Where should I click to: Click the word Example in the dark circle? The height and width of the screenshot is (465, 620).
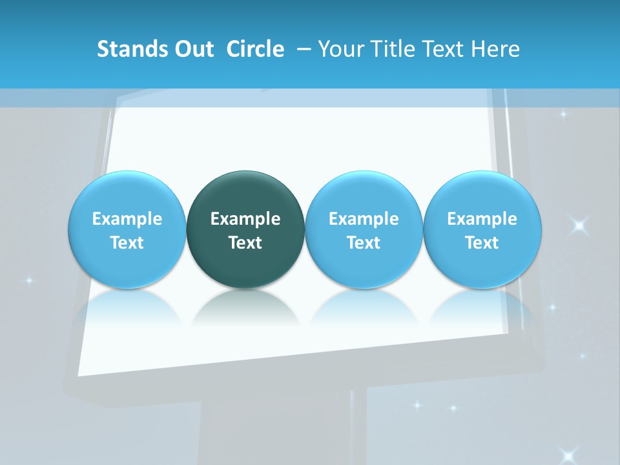pyautogui.click(x=245, y=219)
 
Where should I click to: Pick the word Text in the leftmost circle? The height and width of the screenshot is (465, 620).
pyautogui.click(x=127, y=243)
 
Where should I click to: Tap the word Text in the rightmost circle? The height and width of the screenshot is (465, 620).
pyautogui.click(x=482, y=243)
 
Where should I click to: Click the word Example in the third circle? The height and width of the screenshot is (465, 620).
pyautogui.click(x=364, y=219)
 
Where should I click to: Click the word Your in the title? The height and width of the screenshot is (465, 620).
pyautogui.click(x=338, y=49)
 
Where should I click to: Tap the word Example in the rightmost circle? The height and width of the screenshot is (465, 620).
pyautogui.click(x=482, y=219)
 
